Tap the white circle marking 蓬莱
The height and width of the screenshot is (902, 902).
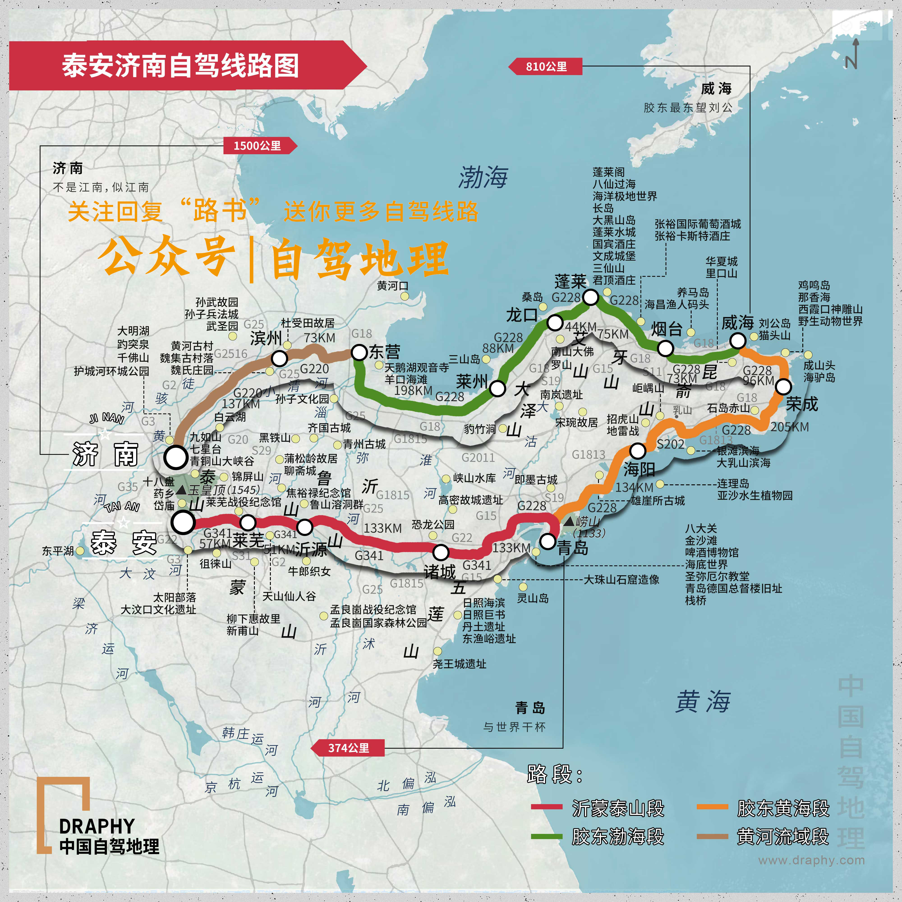point(591,297)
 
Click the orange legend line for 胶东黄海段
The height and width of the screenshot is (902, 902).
point(712,807)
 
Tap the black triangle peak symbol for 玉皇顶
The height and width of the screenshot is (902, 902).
point(182,490)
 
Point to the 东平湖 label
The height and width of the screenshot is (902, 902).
point(58,551)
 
